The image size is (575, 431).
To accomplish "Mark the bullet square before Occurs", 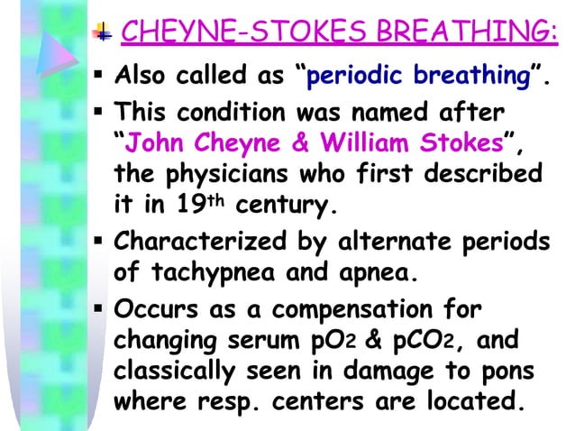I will pos(101,311).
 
